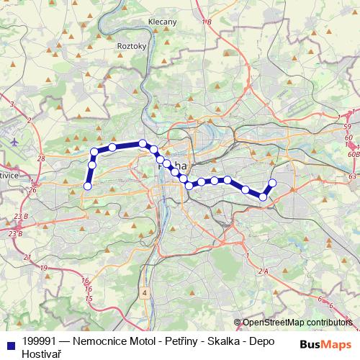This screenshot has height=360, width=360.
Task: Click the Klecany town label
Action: point(162,22)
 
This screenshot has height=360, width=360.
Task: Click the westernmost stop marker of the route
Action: point(88,186)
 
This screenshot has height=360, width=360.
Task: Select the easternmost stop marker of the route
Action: point(272,183)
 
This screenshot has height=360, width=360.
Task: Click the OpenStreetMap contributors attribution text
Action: point(297,323)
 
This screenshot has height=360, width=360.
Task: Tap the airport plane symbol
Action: point(14,141)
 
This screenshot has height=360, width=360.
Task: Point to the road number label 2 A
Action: point(261,271)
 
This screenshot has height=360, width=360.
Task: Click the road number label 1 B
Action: point(207,23)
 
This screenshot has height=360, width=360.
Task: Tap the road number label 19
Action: point(43,268)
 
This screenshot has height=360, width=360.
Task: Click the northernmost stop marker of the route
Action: point(143,143)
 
